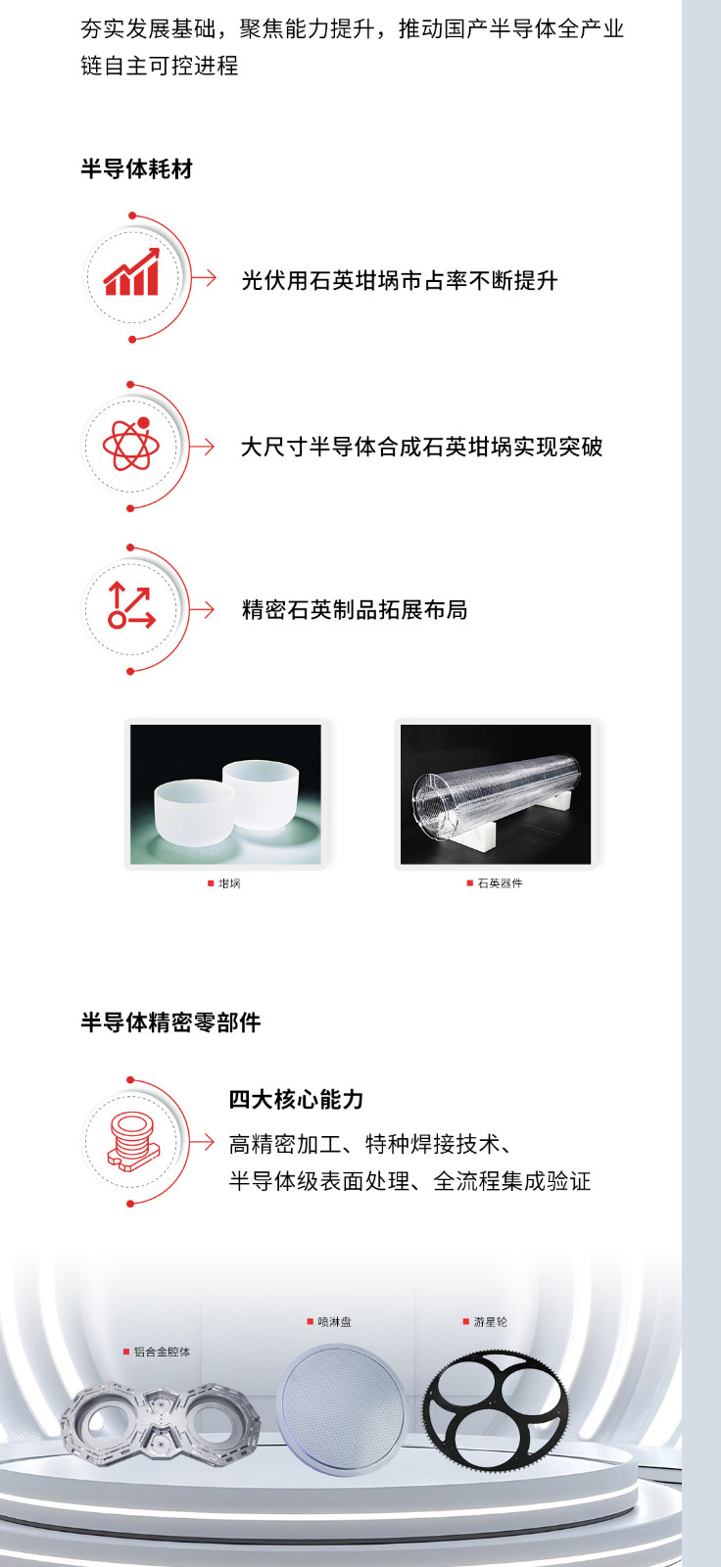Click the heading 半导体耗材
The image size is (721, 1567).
click(137, 169)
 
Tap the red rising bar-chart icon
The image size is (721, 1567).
click(132, 274)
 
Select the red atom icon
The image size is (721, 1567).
click(131, 445)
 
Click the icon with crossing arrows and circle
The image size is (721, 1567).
click(131, 606)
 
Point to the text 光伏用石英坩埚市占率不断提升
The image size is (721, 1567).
click(400, 281)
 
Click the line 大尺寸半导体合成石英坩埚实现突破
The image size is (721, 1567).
click(421, 448)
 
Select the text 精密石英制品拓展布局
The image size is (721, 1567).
click(355, 610)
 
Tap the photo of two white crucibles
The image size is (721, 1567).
click(225, 794)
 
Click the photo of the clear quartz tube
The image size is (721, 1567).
click(496, 794)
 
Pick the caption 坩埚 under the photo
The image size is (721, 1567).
click(229, 883)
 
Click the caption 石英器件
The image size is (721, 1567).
click(500, 883)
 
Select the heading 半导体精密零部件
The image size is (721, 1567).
click(170, 1023)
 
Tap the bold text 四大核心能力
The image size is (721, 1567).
click(296, 1100)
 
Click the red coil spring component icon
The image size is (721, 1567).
click(132, 1140)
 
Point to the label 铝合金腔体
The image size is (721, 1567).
click(162, 1352)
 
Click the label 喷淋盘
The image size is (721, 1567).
click(334, 1322)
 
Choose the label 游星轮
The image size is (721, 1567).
click(490, 1322)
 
